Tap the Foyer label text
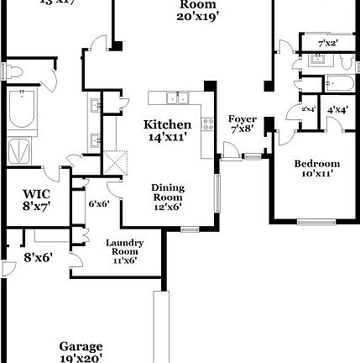click(x=243, y=124)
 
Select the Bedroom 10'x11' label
click(x=316, y=168)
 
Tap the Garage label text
click(x=81, y=350)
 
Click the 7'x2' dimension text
click(x=328, y=43)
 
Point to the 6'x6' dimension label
click(x=99, y=203)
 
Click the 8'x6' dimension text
click(x=38, y=257)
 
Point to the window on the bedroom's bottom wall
click(x=316, y=221)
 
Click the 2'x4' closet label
click(x=307, y=109)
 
